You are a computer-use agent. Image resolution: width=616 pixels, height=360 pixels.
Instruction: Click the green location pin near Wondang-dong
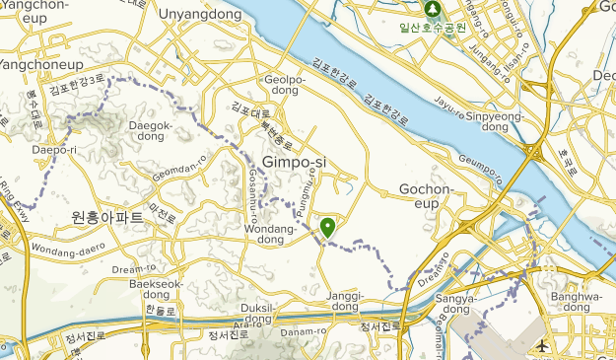coord(327,228)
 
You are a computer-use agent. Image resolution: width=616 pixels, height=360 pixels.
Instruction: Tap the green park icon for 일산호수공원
coord(432,9)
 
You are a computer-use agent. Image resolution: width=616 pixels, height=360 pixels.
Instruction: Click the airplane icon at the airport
coord(541,345)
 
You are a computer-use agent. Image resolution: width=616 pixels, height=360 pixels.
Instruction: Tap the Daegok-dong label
coord(150,132)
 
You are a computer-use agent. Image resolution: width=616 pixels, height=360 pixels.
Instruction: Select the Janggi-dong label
coord(345,300)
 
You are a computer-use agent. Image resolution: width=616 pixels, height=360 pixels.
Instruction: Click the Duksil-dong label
coord(256,313)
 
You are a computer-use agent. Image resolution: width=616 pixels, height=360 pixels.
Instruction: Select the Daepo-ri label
coord(54,150)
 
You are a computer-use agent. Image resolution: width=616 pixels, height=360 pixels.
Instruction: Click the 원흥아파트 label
coord(107,216)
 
